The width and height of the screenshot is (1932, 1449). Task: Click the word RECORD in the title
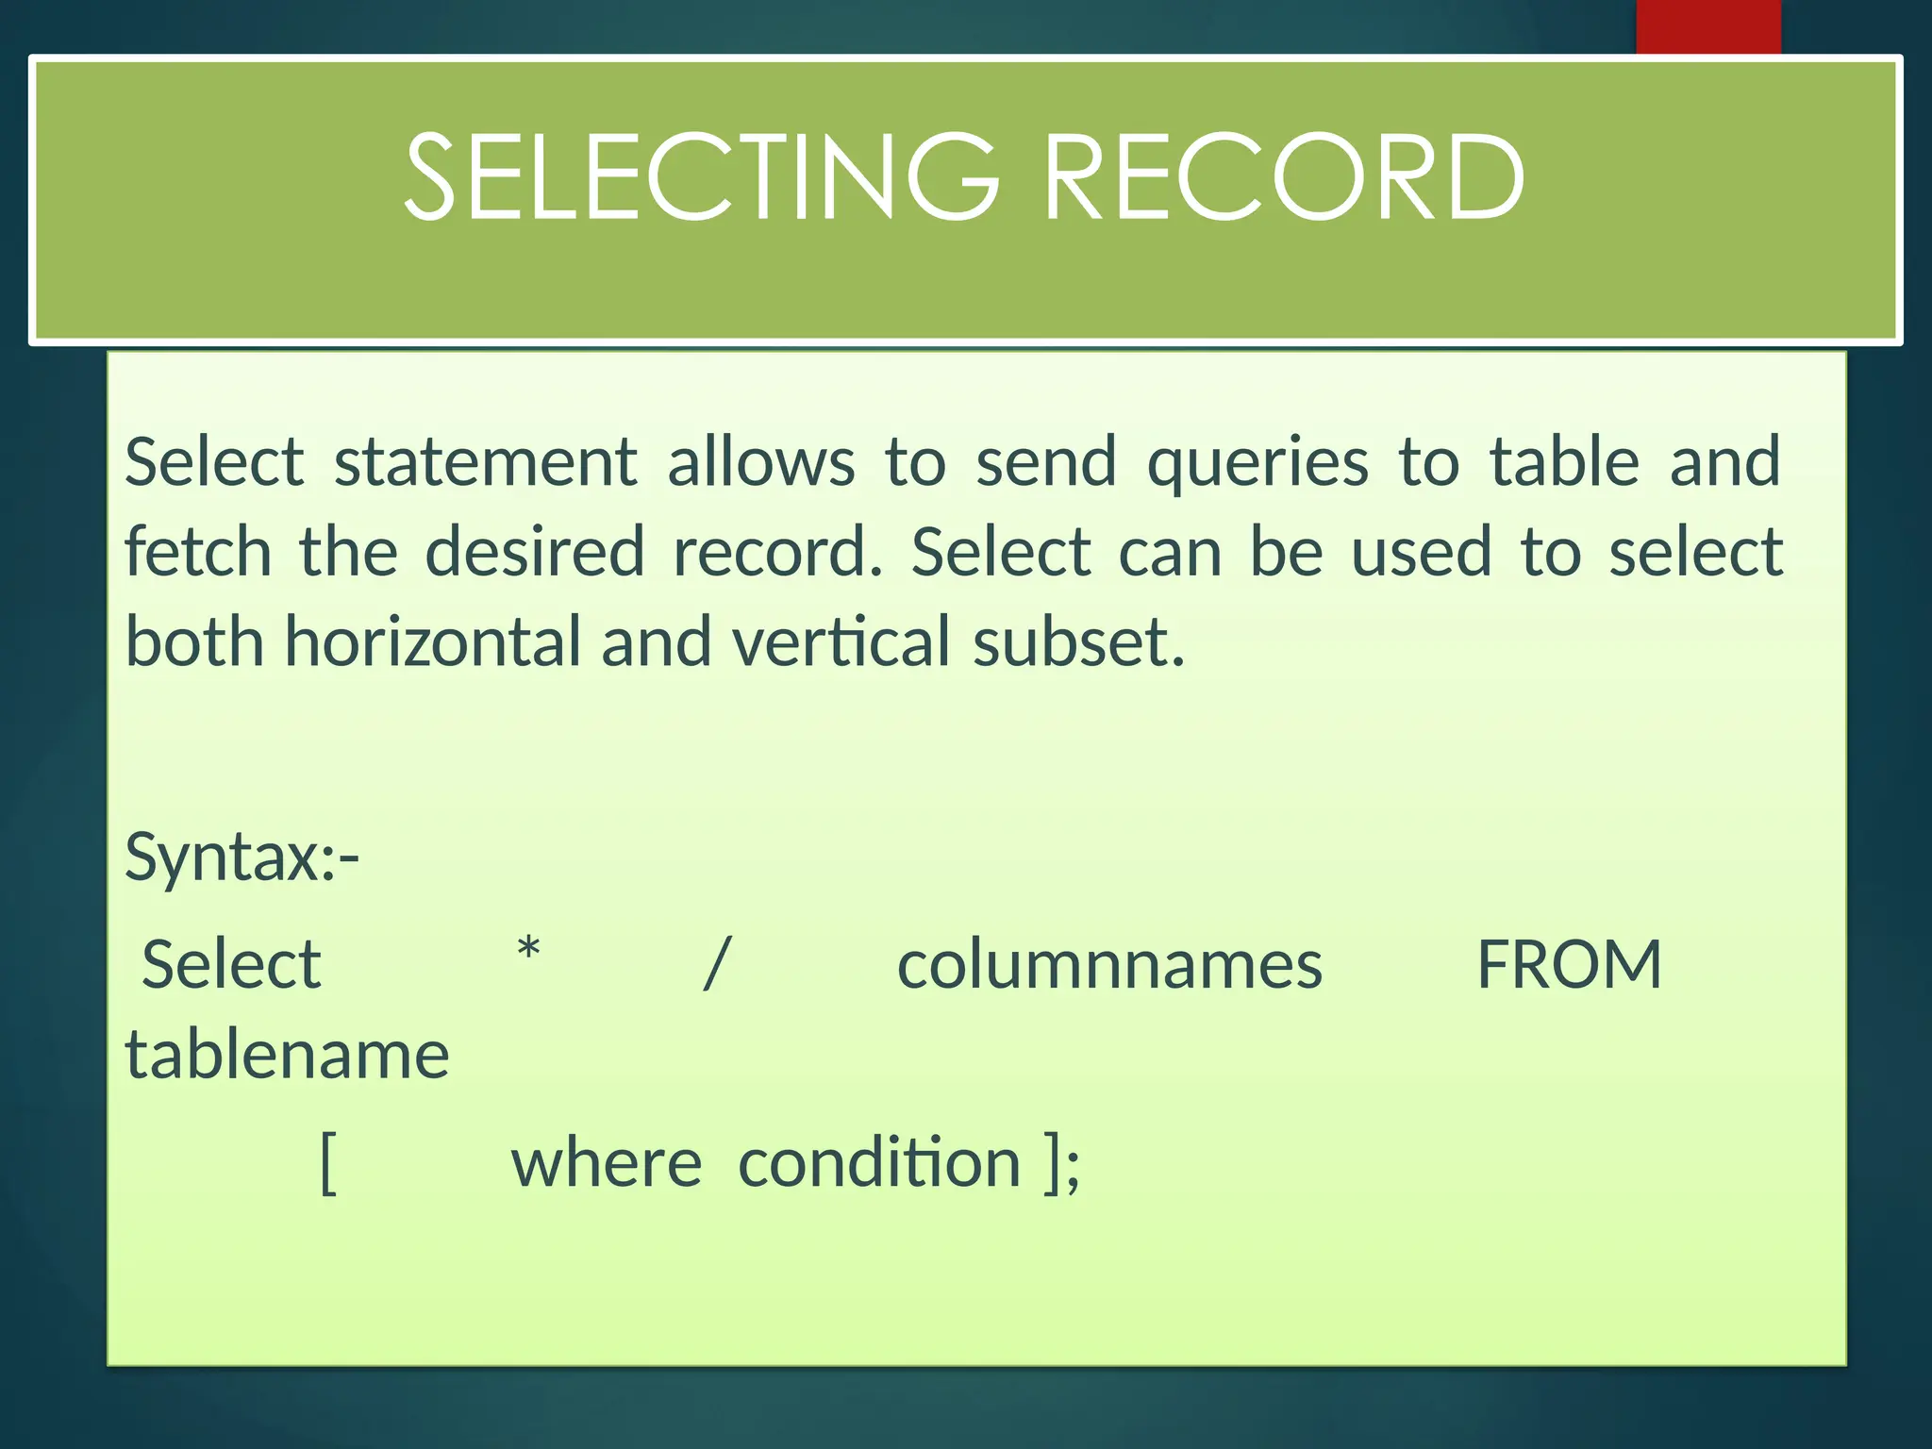coord(1284,177)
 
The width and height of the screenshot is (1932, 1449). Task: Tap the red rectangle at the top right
coord(1707,26)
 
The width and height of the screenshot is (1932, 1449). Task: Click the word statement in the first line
coord(486,462)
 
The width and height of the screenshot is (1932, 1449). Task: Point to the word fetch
coord(198,552)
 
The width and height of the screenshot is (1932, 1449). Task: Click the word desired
coord(535,552)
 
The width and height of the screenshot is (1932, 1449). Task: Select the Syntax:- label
coord(242,857)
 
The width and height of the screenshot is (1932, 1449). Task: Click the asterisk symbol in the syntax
coord(529,949)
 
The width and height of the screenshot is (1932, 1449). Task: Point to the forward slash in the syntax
coord(717,964)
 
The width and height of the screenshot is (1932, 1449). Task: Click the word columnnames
coord(1109,965)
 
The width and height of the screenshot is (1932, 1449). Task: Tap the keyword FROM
coord(1569,965)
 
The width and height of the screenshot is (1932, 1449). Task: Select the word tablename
coord(287,1055)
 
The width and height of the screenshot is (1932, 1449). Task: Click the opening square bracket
coord(328,1163)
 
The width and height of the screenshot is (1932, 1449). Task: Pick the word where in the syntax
coord(607,1163)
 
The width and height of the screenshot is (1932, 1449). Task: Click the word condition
coord(879,1163)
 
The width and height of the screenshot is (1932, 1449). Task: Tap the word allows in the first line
coord(761,462)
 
